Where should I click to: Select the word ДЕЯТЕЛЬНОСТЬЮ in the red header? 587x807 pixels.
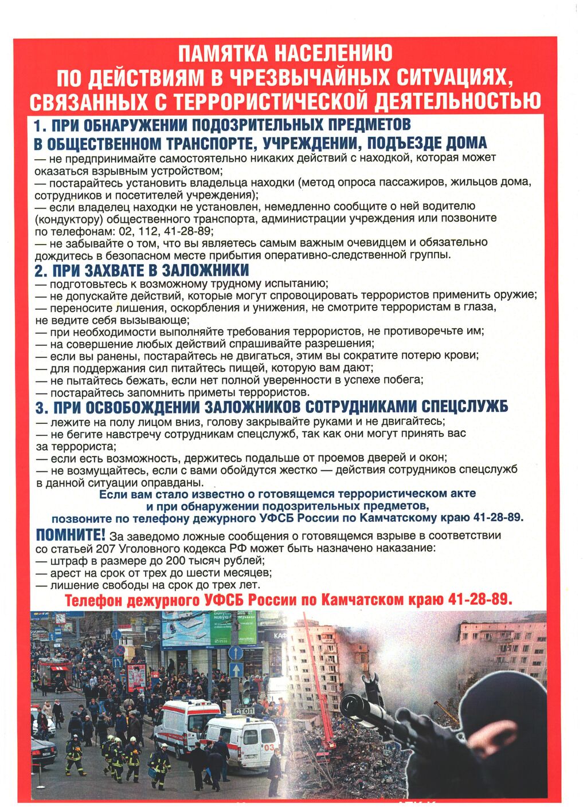pyautogui.click(x=457, y=101)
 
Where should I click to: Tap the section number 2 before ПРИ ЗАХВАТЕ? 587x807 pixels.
pyautogui.click(x=40, y=270)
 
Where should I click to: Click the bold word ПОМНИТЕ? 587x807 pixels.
pyautogui.click(x=71, y=536)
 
